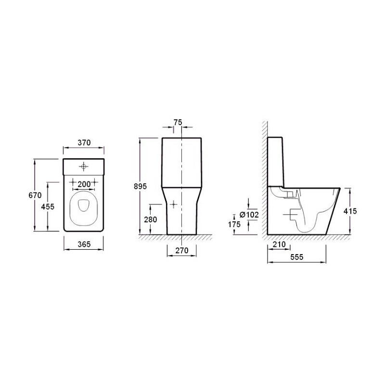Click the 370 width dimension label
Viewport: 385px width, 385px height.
click(84, 142)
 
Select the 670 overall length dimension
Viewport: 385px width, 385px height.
click(35, 195)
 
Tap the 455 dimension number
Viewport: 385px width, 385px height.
click(48, 207)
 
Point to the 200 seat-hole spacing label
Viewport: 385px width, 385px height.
click(84, 184)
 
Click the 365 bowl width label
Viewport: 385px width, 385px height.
click(84, 244)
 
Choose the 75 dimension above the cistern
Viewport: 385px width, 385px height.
click(178, 122)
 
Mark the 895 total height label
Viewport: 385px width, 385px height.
click(140, 186)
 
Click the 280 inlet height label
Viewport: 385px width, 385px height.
click(150, 219)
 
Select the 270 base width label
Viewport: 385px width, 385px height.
click(182, 250)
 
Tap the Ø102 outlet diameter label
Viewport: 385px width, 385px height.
click(249, 215)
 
